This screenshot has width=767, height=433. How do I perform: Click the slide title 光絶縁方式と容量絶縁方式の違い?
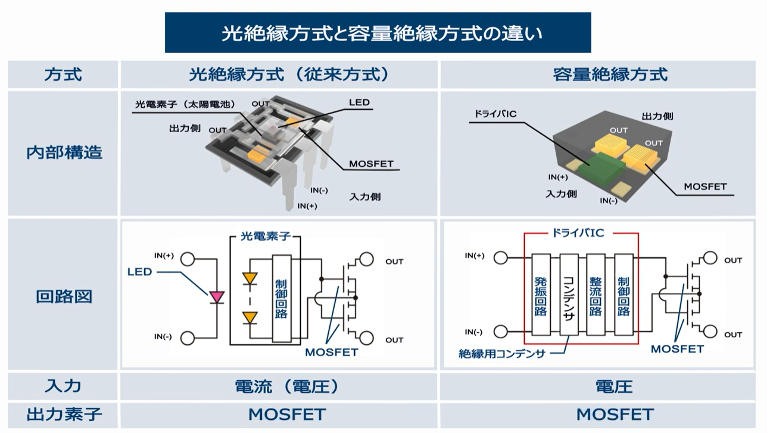point(382,33)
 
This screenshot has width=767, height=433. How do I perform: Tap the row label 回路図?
point(64,297)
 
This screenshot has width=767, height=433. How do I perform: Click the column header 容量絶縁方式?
point(610,74)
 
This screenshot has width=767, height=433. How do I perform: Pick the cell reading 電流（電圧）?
point(287,387)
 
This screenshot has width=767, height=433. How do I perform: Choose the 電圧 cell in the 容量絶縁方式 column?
point(614,387)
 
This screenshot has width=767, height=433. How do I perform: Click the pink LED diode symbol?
point(217,297)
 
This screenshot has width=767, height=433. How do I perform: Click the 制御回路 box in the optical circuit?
point(282,298)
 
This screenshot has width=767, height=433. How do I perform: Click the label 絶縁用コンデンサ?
point(501,354)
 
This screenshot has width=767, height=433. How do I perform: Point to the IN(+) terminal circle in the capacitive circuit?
point(501,258)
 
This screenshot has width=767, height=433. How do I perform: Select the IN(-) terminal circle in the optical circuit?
point(188,338)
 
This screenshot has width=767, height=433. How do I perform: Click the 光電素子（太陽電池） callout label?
point(186,104)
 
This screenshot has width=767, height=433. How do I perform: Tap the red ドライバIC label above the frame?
point(578,233)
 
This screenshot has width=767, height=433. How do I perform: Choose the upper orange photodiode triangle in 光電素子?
point(250,278)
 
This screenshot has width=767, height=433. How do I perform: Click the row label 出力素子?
point(64,415)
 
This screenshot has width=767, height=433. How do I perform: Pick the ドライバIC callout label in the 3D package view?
point(495,114)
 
